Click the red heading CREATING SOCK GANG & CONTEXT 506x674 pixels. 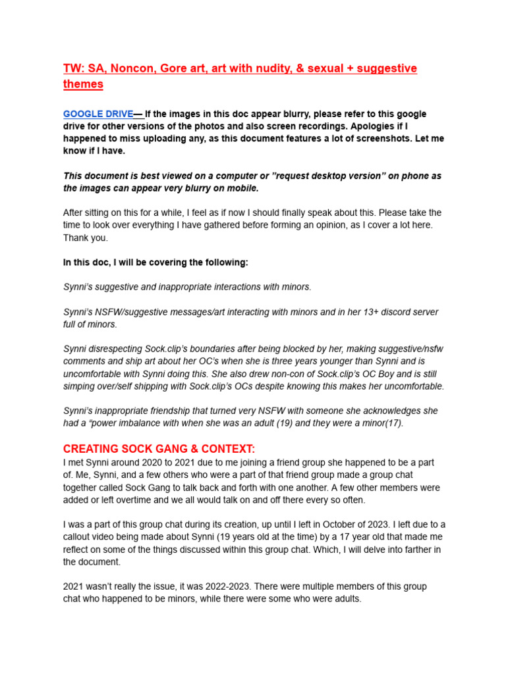pyautogui.click(x=159, y=449)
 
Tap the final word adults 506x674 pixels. pyautogui.click(x=346, y=599)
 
